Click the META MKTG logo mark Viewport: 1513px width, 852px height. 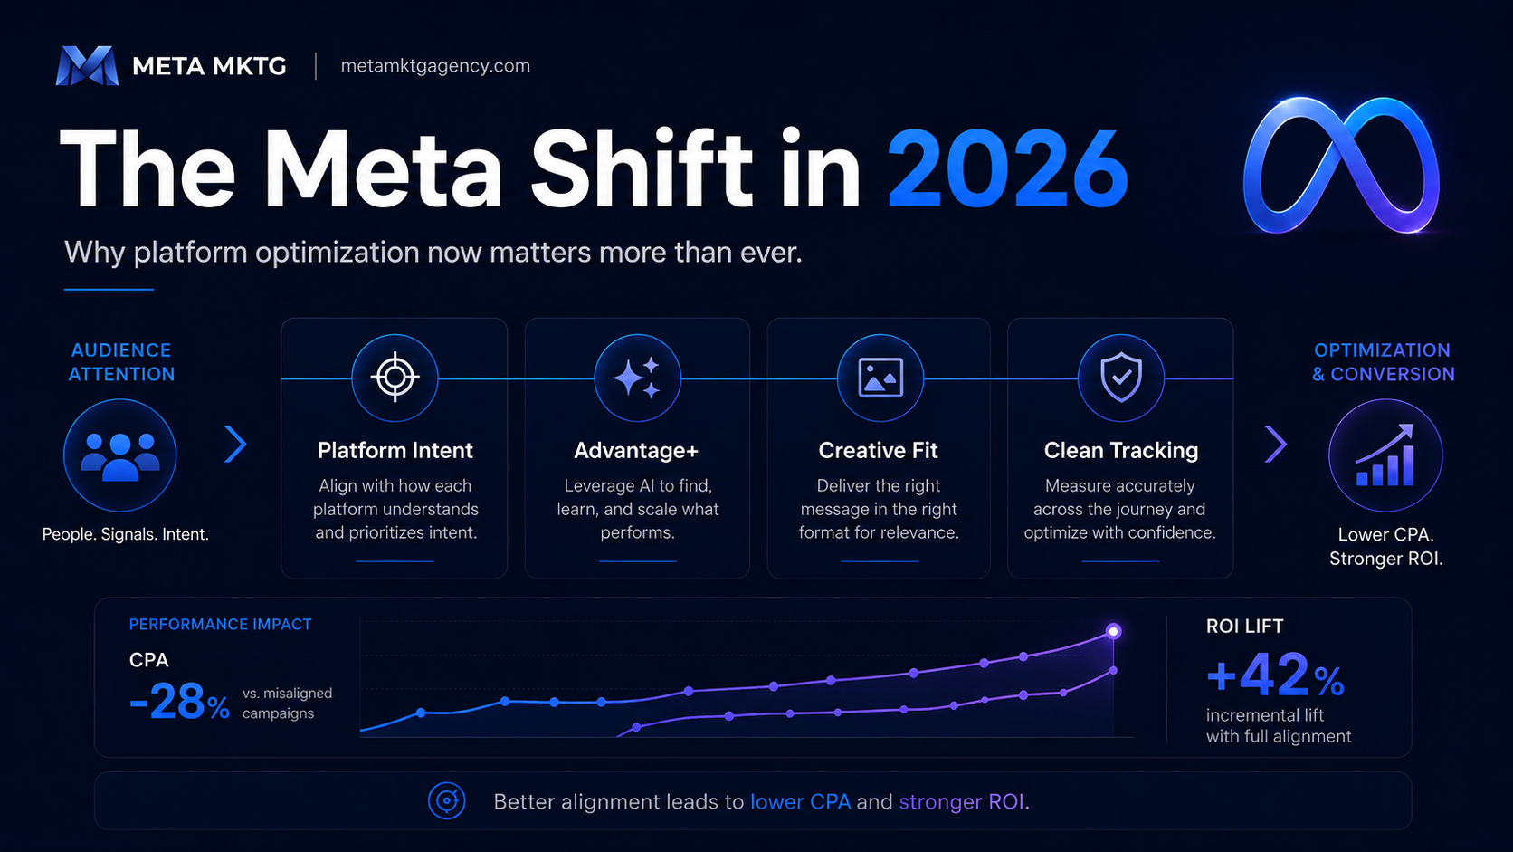tap(87, 65)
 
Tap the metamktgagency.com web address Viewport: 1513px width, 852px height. tap(435, 66)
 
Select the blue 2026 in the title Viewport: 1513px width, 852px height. tap(1007, 169)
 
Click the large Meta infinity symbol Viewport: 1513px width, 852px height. tap(1341, 165)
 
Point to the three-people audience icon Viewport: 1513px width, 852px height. tap(120, 456)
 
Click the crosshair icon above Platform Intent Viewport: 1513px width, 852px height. tap(395, 377)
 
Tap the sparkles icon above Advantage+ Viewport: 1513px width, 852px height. tap(636, 377)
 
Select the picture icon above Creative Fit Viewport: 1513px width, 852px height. tap(880, 377)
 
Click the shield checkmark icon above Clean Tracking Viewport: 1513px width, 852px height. tap(1121, 377)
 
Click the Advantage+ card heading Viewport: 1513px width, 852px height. tap(636, 451)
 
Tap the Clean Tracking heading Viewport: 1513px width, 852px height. tap(1121, 451)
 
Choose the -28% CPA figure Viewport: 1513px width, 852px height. tap(179, 702)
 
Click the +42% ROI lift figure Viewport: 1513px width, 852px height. tap(1275, 675)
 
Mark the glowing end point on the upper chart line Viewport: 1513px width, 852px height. tap(1113, 631)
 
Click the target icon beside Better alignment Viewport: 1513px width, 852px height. tap(446, 801)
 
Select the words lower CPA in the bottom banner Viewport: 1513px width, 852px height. tap(801, 802)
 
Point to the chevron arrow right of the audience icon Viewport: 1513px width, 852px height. tap(236, 444)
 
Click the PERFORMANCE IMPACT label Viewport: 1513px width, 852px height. tap(220, 625)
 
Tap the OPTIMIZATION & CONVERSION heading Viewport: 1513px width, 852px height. tap(1383, 362)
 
